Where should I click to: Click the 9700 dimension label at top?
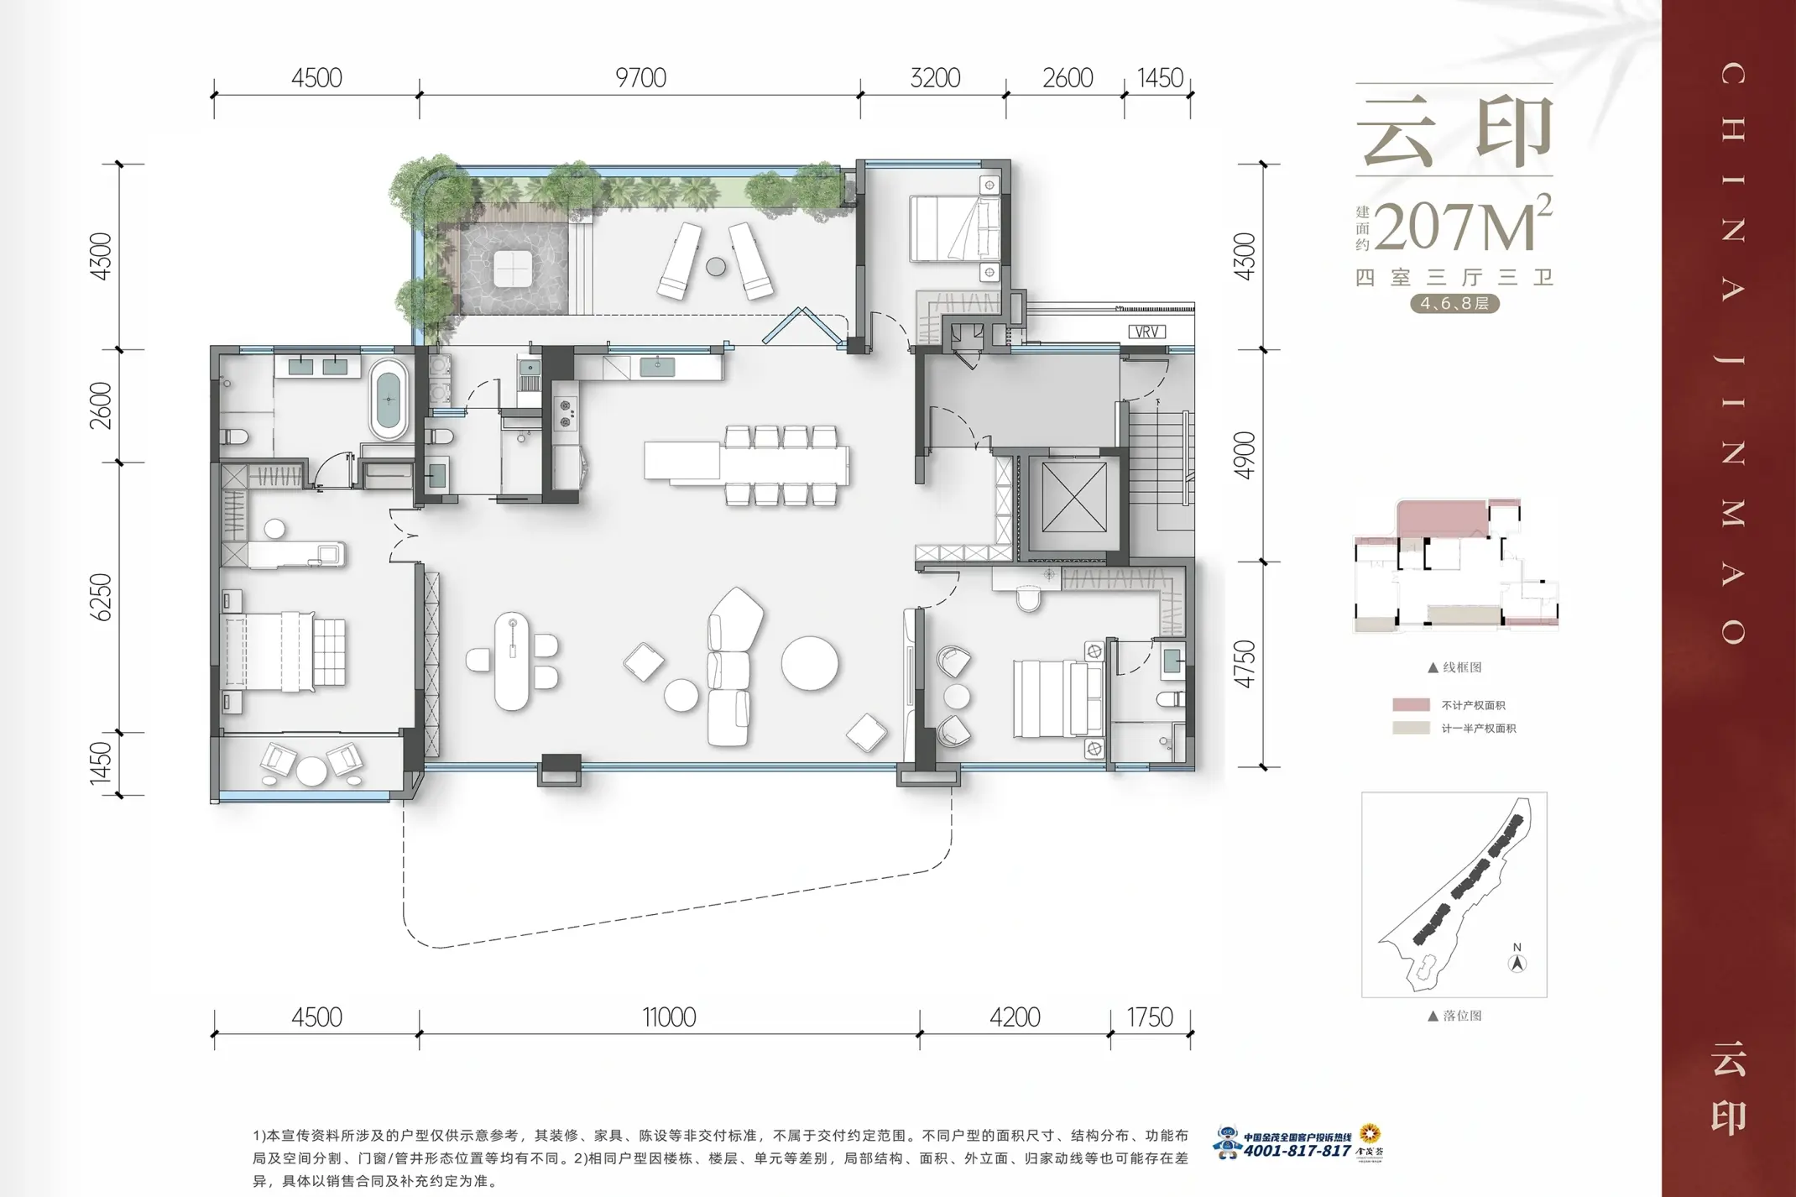[x=640, y=78]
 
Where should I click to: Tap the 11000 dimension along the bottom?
[x=669, y=1017]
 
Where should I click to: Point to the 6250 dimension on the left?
[x=101, y=597]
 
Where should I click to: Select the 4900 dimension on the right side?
[x=1245, y=456]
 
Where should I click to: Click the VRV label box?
[x=1146, y=332]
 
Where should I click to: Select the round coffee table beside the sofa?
[x=810, y=662]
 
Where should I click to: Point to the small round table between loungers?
[x=716, y=267]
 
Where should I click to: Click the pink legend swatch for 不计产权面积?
[x=1411, y=705]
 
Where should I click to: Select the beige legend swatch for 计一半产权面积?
[x=1411, y=728]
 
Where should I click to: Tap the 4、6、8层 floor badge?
[x=1454, y=303]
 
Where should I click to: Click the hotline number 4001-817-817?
[x=1297, y=1151]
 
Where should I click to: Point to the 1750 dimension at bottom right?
[x=1149, y=1017]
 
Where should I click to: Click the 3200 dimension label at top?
[x=935, y=78]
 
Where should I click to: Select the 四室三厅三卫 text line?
[x=1454, y=277]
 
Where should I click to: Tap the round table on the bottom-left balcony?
[x=311, y=771]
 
